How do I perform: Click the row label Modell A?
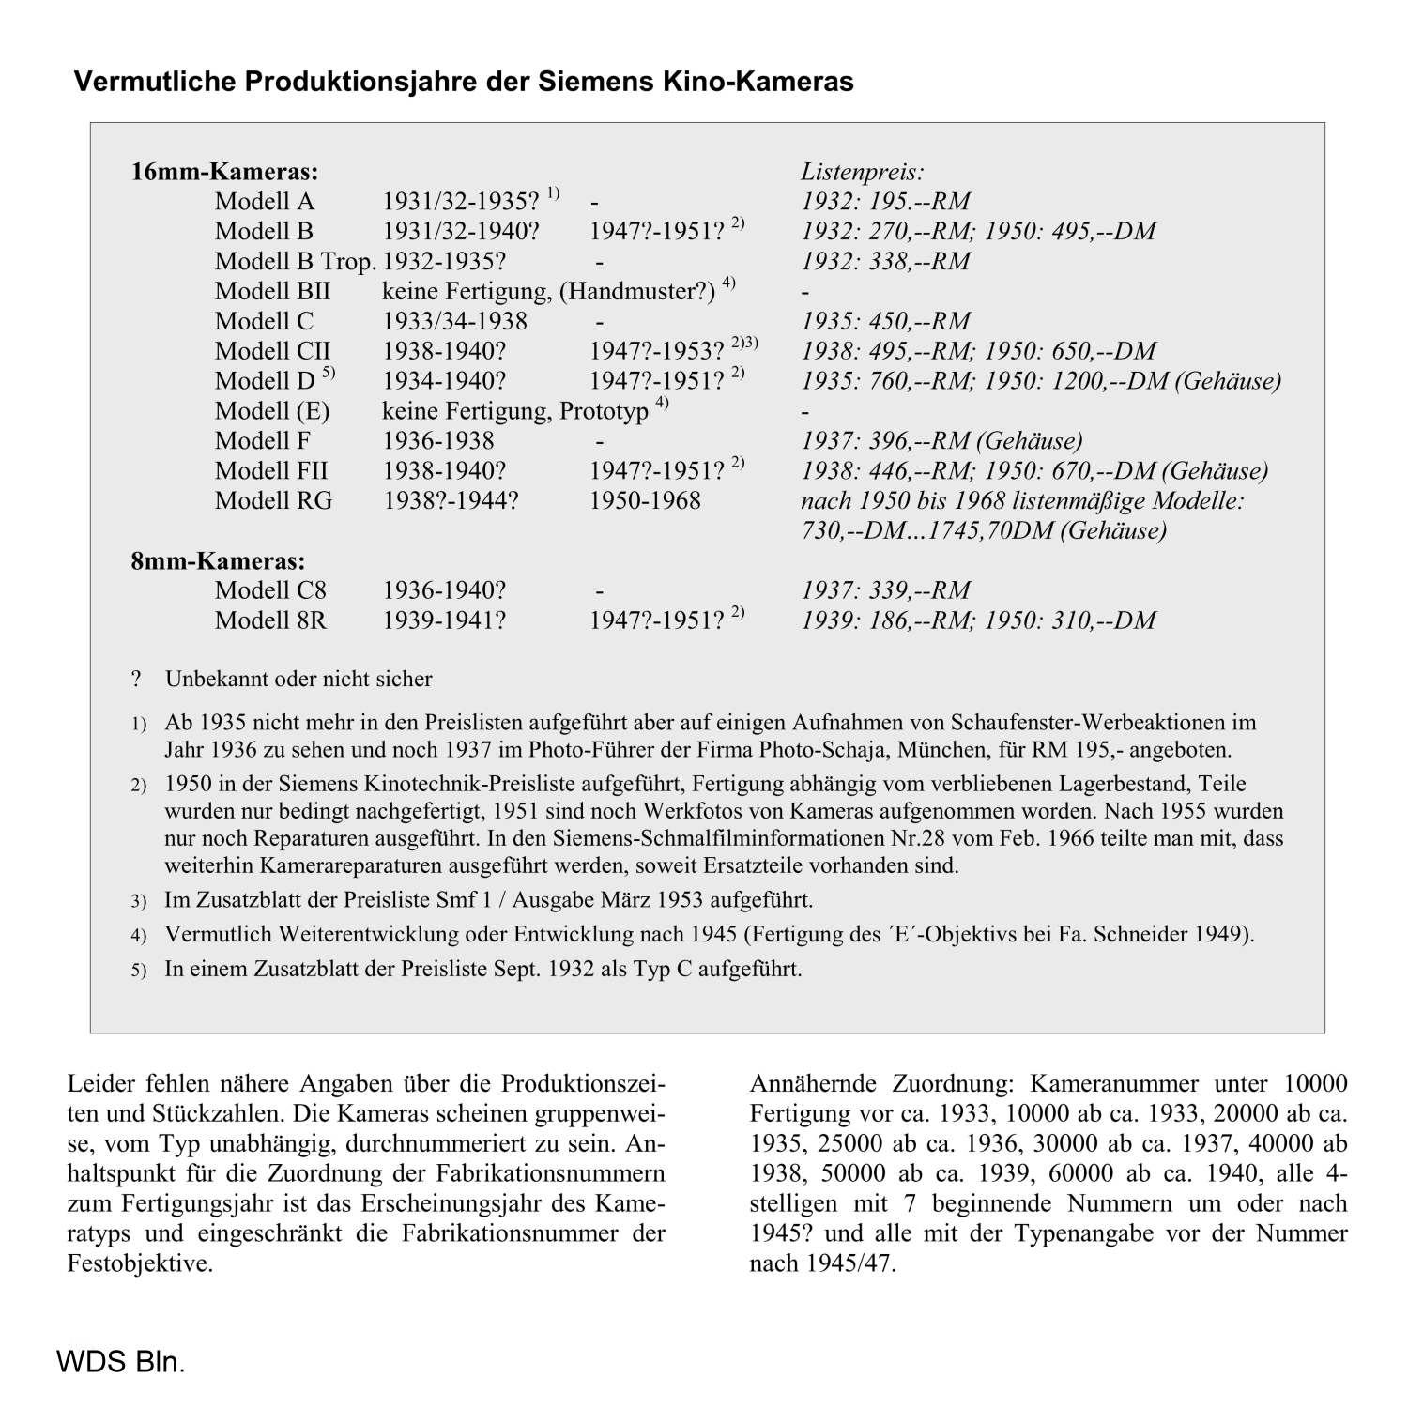pyautogui.click(x=264, y=202)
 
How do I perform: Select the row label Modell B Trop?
pyautogui.click(x=295, y=262)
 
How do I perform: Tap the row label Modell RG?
pyautogui.click(x=273, y=501)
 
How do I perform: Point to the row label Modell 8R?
pyautogui.click(x=270, y=620)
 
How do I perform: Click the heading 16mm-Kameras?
pyautogui.click(x=224, y=172)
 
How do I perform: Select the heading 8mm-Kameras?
pyautogui.click(x=218, y=561)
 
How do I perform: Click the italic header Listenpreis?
pyautogui.click(x=862, y=172)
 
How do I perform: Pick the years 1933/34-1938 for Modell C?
pyautogui.click(x=454, y=322)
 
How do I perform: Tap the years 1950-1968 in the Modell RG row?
pyautogui.click(x=645, y=501)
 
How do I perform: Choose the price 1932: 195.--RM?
pyautogui.click(x=885, y=202)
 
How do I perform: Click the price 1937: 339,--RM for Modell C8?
pyautogui.click(x=885, y=590)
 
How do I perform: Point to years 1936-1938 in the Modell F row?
pyautogui.click(x=437, y=441)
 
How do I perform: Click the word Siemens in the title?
pyautogui.click(x=582, y=82)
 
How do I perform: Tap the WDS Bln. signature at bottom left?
pyautogui.click(x=120, y=1362)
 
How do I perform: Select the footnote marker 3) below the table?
pyautogui.click(x=139, y=902)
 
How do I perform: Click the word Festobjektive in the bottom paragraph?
pyautogui.click(x=139, y=1263)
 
